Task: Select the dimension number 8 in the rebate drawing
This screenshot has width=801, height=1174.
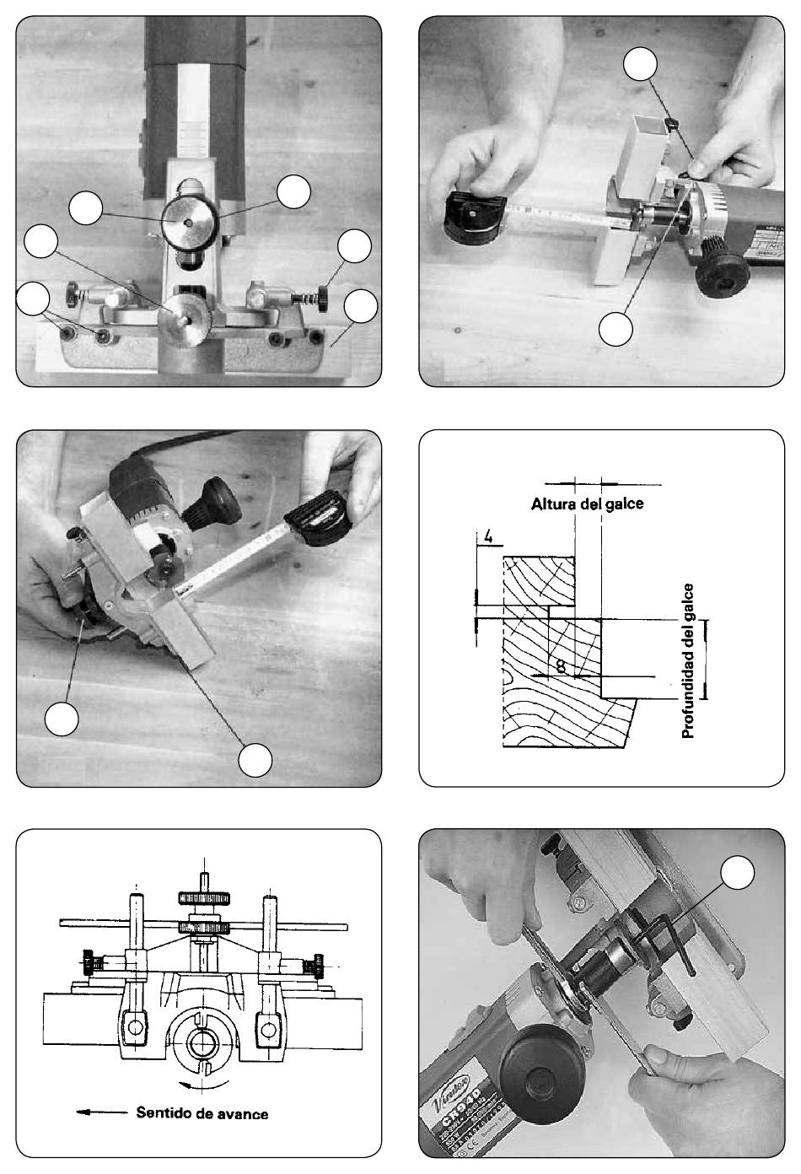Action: [561, 667]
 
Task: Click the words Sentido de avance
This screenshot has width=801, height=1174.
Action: [202, 1113]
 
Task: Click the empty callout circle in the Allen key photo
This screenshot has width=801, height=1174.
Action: [739, 874]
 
